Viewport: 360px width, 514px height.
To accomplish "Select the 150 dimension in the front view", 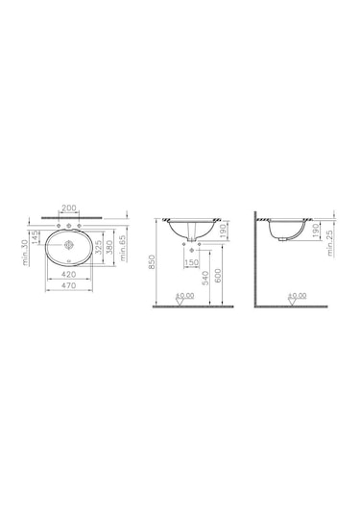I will click(192, 259).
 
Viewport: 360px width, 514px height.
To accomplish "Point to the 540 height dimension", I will click(204, 281).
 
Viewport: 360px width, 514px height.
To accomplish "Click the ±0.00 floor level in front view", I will click(185, 296).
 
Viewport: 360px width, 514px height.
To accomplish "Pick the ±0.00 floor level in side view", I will click(297, 296).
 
